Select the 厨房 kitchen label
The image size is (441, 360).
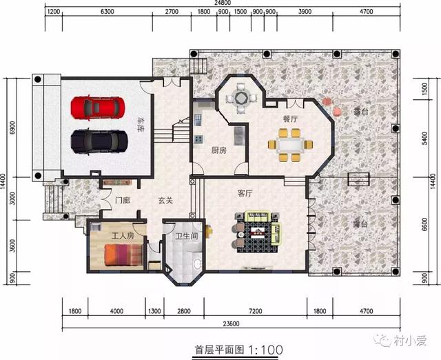[201, 150]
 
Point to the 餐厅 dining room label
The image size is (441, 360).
[290, 119]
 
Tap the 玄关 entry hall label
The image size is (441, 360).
[165, 201]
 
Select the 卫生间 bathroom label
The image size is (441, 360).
[186, 235]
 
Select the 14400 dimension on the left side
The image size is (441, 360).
[4, 181]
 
